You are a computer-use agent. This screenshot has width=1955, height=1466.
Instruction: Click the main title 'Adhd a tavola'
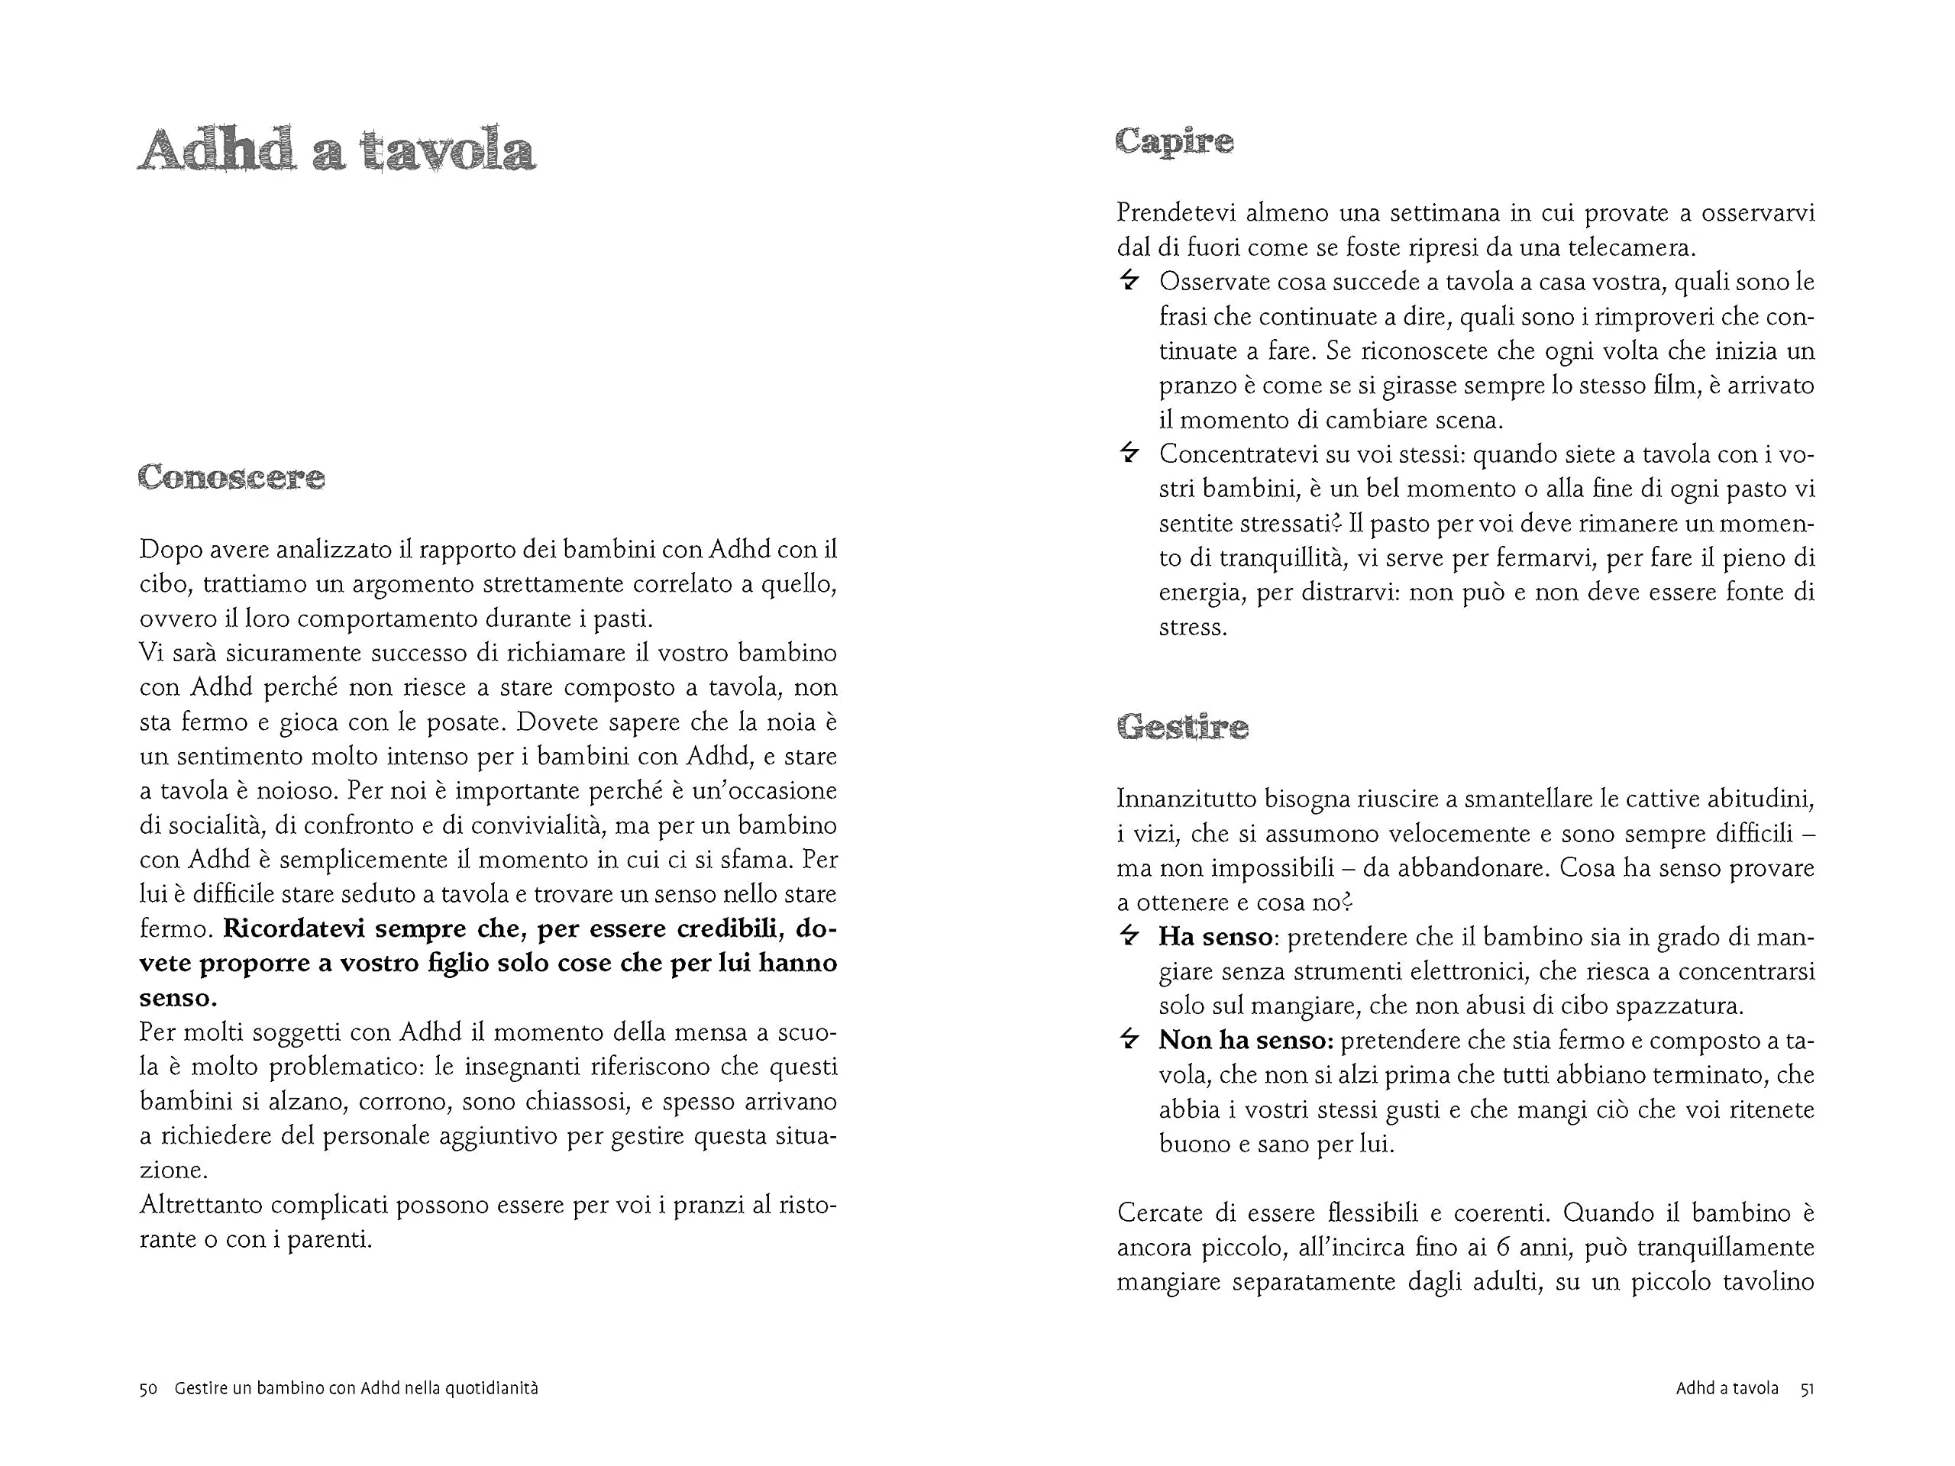[x=337, y=150]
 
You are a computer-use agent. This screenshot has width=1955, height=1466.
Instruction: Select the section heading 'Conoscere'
[x=231, y=478]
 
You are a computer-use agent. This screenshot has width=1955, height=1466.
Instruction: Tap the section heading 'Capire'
[x=1174, y=141]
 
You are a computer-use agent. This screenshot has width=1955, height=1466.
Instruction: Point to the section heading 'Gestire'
[x=1182, y=727]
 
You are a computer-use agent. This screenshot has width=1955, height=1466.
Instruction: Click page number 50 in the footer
[x=148, y=1388]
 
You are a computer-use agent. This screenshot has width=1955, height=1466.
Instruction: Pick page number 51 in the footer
[x=1808, y=1388]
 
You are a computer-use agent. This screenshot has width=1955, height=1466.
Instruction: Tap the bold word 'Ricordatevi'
[x=294, y=928]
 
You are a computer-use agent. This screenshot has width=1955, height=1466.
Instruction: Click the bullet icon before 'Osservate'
[x=1129, y=281]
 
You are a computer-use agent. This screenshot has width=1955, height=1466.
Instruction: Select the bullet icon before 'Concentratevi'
[x=1129, y=454]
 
